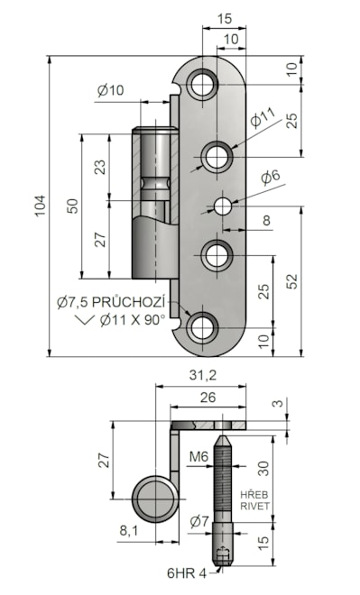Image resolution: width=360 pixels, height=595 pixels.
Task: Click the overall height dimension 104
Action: click(x=41, y=206)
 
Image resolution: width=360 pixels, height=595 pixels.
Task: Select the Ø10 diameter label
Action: click(x=110, y=90)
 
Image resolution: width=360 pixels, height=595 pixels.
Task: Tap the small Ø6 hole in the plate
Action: click(x=223, y=206)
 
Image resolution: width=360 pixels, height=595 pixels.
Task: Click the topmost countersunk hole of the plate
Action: click(x=202, y=84)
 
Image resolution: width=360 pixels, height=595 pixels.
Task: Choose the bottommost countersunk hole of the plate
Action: click(x=202, y=327)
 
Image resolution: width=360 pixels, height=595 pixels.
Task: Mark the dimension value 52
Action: click(x=292, y=281)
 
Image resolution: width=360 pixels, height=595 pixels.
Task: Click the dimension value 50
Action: click(x=72, y=206)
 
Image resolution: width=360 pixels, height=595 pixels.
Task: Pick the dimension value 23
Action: click(x=100, y=167)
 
